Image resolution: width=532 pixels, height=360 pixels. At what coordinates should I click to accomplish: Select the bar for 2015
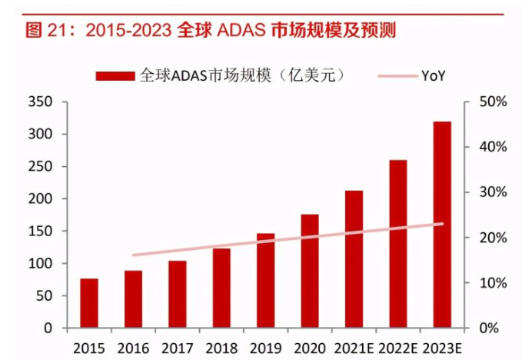(x=89, y=303)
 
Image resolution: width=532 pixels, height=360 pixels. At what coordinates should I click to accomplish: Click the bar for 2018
(x=221, y=288)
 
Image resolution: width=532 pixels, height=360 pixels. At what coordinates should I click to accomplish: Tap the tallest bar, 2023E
(x=442, y=225)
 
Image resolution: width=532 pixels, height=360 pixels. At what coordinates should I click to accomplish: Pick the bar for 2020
(x=310, y=271)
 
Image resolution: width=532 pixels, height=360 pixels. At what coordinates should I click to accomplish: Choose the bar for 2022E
(x=398, y=244)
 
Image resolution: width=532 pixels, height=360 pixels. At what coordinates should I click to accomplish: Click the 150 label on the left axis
(x=40, y=231)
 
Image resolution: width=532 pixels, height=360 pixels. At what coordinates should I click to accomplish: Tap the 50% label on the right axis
(x=493, y=102)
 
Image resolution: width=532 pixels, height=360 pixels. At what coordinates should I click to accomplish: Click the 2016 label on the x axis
(x=133, y=348)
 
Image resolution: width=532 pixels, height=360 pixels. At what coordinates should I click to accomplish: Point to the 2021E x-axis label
(x=354, y=348)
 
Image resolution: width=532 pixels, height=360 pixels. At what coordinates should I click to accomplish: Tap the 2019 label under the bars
(x=266, y=348)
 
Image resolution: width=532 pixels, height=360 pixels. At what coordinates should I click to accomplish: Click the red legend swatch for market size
(x=115, y=75)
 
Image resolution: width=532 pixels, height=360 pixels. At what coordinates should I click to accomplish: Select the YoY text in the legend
(x=434, y=75)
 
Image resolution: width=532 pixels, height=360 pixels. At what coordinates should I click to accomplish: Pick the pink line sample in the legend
(x=397, y=76)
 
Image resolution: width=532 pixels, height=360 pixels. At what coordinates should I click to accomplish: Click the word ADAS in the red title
(x=241, y=30)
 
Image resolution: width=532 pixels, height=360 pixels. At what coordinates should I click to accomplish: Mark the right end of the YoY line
(x=442, y=224)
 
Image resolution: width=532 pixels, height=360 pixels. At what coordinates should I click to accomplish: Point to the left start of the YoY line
(x=133, y=255)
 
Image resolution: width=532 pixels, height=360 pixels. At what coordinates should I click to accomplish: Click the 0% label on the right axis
(x=489, y=328)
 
